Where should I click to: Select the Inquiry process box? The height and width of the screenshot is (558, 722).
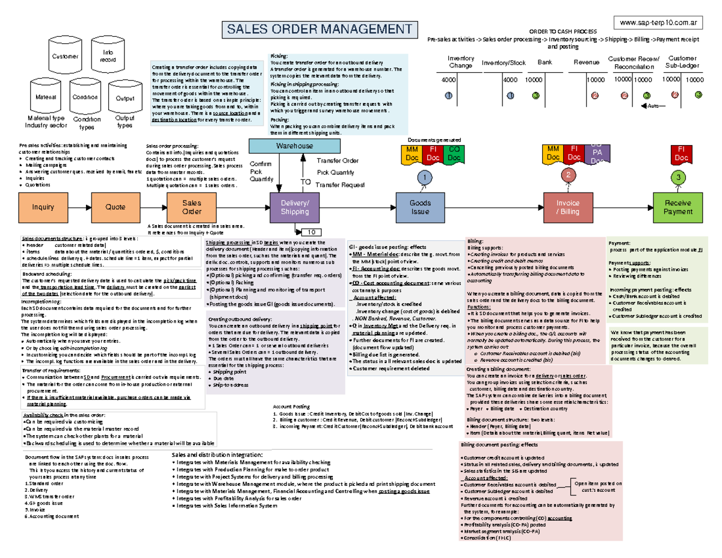(x=43, y=206)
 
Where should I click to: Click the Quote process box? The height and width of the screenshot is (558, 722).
(x=116, y=206)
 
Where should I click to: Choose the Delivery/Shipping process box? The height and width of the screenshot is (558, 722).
(x=295, y=207)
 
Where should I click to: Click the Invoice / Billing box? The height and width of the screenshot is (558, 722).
(x=568, y=208)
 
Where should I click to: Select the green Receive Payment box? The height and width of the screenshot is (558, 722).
(x=677, y=208)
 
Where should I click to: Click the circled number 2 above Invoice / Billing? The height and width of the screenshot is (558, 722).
(x=567, y=175)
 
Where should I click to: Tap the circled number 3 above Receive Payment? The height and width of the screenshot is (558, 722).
(x=677, y=178)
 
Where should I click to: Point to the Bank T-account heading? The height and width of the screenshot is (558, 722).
(x=544, y=62)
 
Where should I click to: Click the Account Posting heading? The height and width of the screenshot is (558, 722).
(x=291, y=407)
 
